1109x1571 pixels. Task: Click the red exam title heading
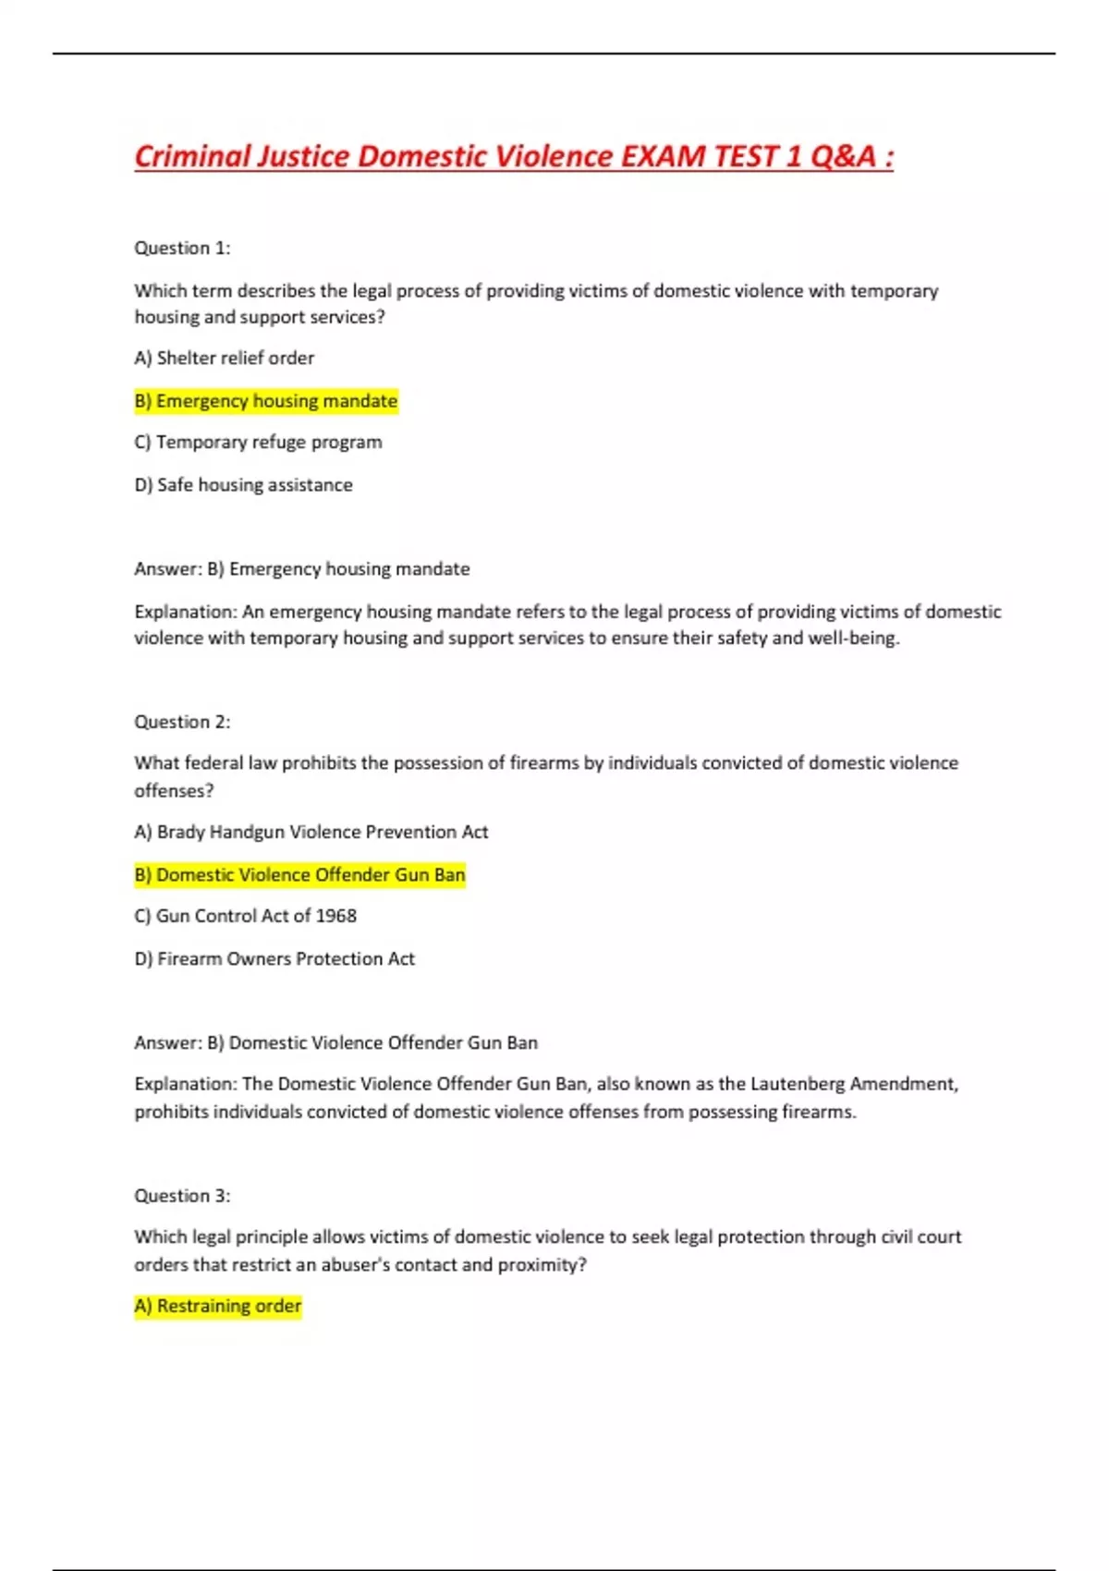coord(514,156)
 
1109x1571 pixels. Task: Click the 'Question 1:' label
coord(182,248)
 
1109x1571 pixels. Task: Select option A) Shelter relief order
coord(225,358)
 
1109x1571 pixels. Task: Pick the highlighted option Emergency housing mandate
coord(266,401)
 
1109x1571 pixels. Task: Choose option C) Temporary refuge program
coord(258,443)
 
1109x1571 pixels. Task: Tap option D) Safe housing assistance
coord(244,485)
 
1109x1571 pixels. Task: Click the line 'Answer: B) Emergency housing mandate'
coord(302,569)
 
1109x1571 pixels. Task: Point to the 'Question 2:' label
coord(182,722)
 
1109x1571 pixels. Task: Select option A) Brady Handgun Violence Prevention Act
coord(311,832)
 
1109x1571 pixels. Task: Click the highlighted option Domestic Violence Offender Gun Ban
coord(300,875)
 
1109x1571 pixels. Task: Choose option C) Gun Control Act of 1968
coord(246,916)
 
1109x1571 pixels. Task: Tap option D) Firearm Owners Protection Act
coord(274,959)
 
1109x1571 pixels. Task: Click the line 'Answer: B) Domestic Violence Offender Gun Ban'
coord(336,1043)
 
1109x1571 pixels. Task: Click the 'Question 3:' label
coord(182,1196)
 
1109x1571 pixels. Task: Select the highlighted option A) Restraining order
coord(218,1307)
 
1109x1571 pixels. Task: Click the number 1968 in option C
coord(335,916)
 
